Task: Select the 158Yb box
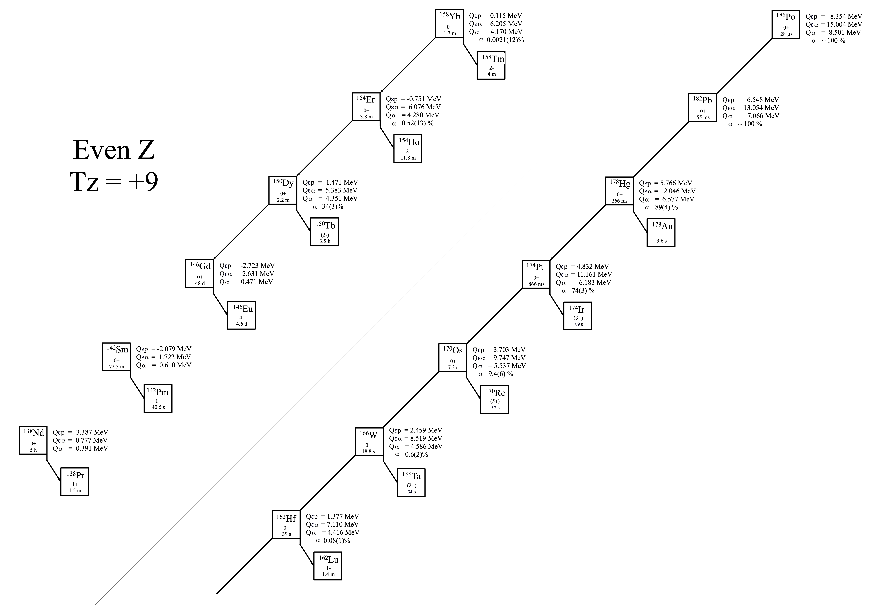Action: coord(449,23)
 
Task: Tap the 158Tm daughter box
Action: coord(491,65)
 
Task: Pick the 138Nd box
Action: coord(33,440)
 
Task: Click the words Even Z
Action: coord(114,150)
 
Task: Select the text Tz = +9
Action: coord(114,182)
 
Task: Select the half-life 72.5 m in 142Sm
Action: coord(116,367)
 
